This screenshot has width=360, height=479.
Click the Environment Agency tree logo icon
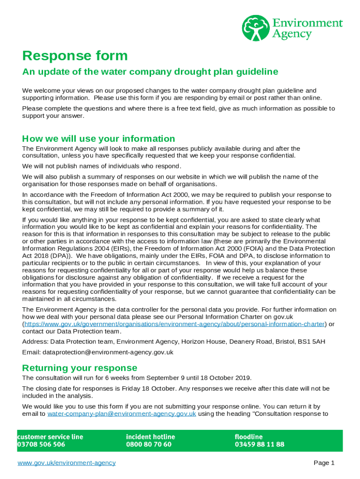[x=255, y=28]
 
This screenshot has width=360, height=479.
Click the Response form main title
[x=75, y=56]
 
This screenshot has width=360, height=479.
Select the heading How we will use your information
[x=99, y=138]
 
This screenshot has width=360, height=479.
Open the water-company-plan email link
[x=122, y=414]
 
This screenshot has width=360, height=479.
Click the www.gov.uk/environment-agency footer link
[x=66, y=463]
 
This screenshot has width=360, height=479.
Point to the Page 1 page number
[x=324, y=463]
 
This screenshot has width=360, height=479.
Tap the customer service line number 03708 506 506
[x=42, y=444]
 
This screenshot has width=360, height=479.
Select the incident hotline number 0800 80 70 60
[x=149, y=444]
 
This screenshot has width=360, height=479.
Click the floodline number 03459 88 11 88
[x=259, y=444]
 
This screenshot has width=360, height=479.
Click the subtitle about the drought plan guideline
[x=150, y=72]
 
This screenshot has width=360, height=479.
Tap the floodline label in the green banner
[x=248, y=436]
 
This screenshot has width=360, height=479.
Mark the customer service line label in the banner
[x=50, y=436]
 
